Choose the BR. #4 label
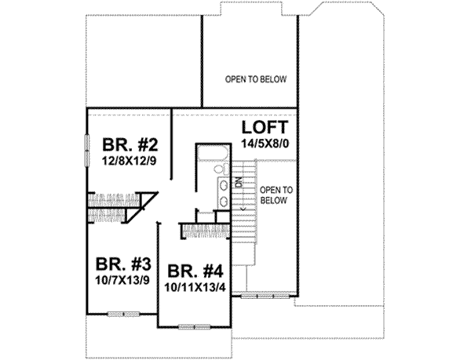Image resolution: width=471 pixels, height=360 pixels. point(196,271)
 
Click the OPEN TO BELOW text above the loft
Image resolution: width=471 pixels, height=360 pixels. point(256,79)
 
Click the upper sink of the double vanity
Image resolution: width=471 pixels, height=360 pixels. point(224,185)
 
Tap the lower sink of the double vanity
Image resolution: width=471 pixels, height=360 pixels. point(224,202)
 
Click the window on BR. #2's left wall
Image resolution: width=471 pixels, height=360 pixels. point(86,149)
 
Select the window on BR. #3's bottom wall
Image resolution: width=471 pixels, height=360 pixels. point(123,314)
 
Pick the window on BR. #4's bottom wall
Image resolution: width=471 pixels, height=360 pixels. point(195,325)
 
